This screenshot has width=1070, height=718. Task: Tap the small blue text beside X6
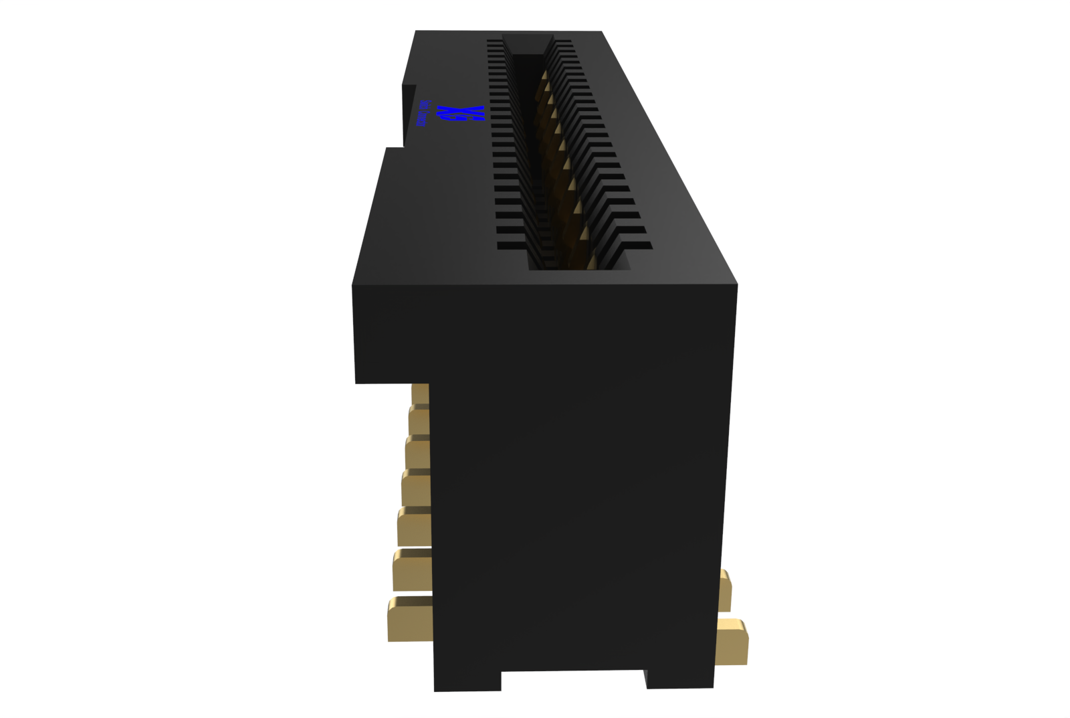coord(423,114)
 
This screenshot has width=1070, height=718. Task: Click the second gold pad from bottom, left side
coord(412,572)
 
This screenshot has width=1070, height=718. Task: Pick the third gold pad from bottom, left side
coord(414,528)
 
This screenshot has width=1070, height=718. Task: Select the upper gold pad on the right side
coord(725,590)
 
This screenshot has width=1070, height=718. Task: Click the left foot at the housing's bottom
coord(467,679)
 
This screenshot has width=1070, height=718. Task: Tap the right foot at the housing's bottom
coord(679,677)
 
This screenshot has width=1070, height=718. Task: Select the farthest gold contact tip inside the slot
coord(546,87)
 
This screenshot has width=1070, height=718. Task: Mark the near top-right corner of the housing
coord(736,286)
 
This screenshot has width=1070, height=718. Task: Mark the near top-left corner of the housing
coord(353,286)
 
